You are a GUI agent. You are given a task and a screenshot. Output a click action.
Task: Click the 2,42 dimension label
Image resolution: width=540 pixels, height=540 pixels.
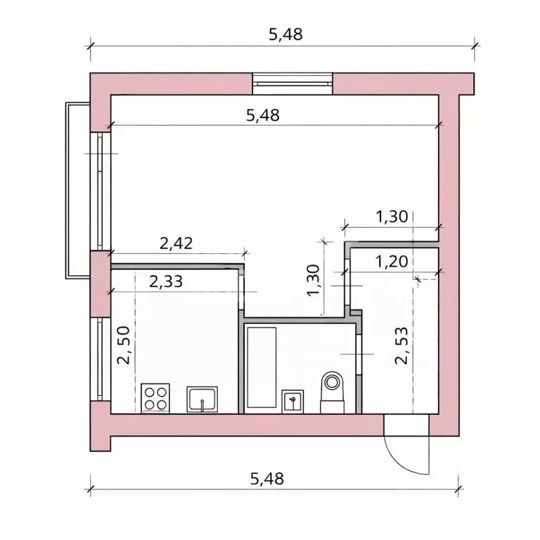(x=176, y=244)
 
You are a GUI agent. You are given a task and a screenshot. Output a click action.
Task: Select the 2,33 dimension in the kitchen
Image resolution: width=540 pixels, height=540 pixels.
(x=167, y=281)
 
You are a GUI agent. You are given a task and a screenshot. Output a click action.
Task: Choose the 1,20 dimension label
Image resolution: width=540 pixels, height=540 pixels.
(x=392, y=262)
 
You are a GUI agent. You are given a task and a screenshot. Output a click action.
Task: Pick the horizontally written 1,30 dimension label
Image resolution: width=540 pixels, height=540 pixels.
(x=392, y=217)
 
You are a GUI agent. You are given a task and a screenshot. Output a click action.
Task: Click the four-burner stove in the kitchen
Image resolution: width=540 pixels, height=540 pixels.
(x=155, y=397)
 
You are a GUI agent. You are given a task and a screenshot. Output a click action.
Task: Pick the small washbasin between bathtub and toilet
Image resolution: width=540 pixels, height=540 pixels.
(x=293, y=401)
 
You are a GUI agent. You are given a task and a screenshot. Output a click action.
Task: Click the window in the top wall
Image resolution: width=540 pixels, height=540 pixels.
(x=292, y=83)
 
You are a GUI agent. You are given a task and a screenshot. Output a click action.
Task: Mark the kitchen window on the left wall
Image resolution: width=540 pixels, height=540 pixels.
(x=100, y=359)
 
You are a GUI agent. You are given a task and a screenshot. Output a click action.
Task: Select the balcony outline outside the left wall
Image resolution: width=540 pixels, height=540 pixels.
(x=76, y=190)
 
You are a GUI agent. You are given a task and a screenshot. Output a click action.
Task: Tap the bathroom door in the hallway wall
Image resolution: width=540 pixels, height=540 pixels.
(x=359, y=352)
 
